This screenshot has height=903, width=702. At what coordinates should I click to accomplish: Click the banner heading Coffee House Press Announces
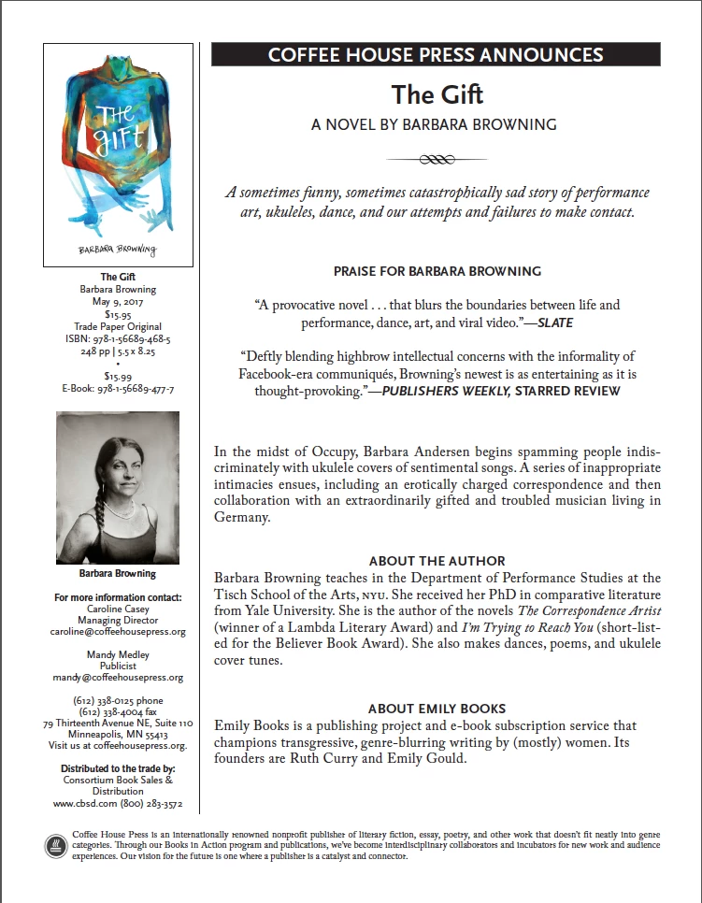coord(436,54)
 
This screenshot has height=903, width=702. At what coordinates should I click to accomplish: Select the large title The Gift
coord(436,93)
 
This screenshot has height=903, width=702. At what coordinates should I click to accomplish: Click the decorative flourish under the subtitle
coord(436,159)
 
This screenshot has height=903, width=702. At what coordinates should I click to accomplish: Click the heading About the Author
coord(437,561)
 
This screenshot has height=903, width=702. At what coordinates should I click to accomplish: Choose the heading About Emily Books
coord(437,709)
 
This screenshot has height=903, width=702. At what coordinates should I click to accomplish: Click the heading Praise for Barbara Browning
coord(437,272)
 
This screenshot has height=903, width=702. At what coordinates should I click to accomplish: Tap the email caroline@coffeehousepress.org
coord(118,631)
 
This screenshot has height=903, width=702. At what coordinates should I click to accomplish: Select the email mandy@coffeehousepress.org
coord(118,678)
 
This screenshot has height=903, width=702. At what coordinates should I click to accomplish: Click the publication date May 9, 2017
coord(118,302)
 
